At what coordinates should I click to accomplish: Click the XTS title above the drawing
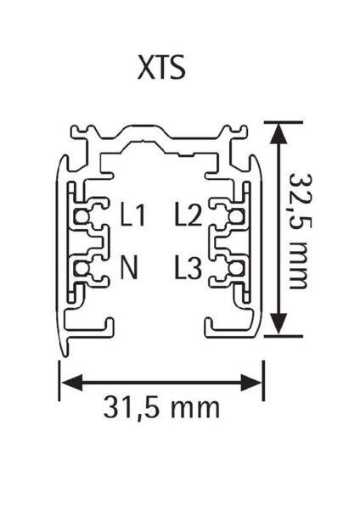pyautogui.click(x=161, y=68)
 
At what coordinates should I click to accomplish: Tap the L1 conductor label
pyautogui.click(x=132, y=214)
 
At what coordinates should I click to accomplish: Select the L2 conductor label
pyautogui.click(x=188, y=214)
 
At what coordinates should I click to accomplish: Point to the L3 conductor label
pyautogui.click(x=188, y=267)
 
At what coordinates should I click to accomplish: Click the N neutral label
pyautogui.click(x=129, y=267)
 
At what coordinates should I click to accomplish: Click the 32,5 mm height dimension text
pyautogui.click(x=299, y=231)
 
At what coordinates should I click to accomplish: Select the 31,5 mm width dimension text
pyautogui.click(x=161, y=406)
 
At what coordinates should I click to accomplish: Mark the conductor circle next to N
pyautogui.click(x=81, y=268)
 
